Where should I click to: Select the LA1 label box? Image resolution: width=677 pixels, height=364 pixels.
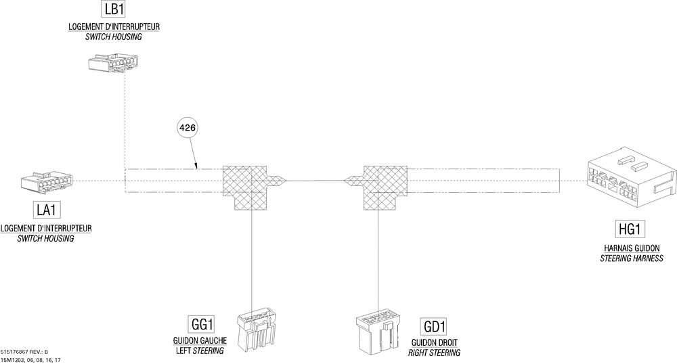(x=46, y=210)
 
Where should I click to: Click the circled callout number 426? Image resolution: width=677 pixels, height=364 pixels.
(x=190, y=127)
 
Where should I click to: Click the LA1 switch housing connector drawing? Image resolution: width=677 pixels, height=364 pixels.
(x=45, y=183)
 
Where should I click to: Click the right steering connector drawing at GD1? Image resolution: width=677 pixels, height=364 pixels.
(x=379, y=332)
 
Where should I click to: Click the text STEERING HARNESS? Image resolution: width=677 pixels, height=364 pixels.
(x=631, y=259)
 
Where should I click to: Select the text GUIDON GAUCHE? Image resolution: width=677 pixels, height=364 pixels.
(x=200, y=340)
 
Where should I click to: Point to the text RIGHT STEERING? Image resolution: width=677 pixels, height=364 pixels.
(x=434, y=353)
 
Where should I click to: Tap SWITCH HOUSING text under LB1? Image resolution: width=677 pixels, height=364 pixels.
(x=113, y=37)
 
